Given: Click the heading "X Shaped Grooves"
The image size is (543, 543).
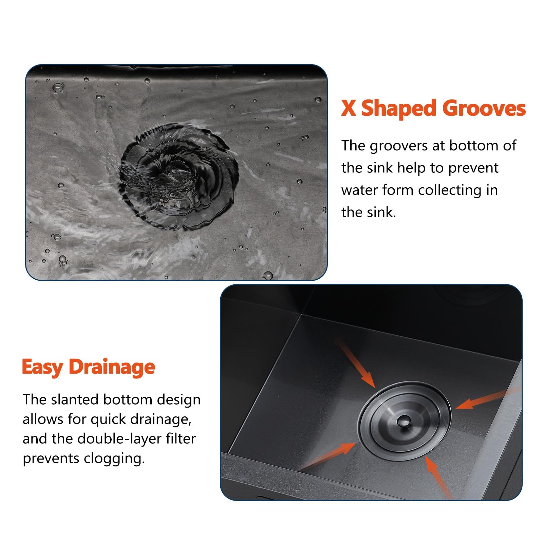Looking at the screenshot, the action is pyautogui.click(x=433, y=109).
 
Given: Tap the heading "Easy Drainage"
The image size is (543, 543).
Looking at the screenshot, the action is pyautogui.click(x=89, y=367).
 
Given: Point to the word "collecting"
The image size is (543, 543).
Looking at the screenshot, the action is pyautogui.click(x=450, y=190).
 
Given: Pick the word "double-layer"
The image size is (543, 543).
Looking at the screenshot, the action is pyautogui.click(x=119, y=438).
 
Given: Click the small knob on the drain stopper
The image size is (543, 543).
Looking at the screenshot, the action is pyautogui.click(x=403, y=422).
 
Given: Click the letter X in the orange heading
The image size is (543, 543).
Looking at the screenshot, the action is pyautogui.click(x=349, y=109).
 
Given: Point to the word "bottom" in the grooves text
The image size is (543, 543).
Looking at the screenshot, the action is pyautogui.click(x=474, y=146).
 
